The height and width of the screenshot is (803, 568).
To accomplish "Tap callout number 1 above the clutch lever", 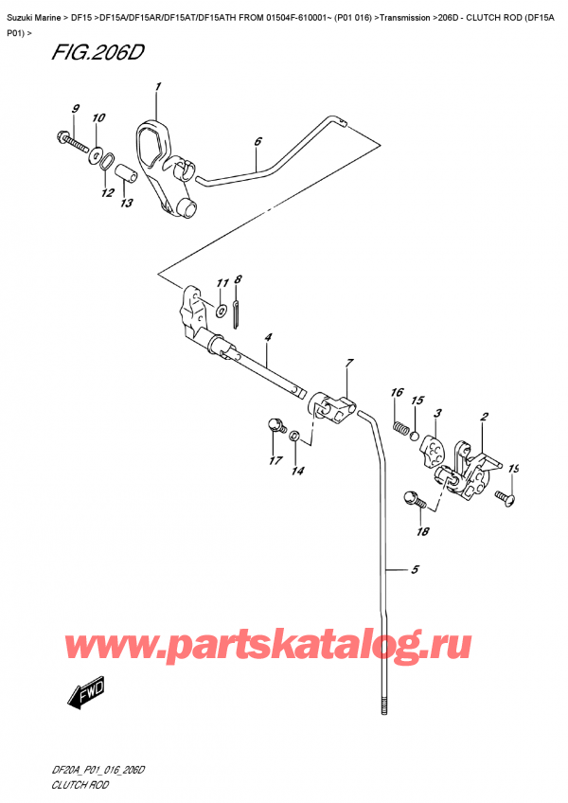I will click(157, 88).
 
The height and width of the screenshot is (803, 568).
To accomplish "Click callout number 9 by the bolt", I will click(76, 110).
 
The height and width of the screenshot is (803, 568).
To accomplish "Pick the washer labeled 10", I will click(97, 152).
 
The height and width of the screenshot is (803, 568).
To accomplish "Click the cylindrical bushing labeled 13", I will click(122, 177).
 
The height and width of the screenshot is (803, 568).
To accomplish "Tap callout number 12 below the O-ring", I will click(106, 193).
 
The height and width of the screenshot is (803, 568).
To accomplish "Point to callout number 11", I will click(222, 283).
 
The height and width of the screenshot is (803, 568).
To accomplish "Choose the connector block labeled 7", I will click(332, 408).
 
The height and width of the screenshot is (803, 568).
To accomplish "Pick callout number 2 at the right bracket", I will click(484, 417).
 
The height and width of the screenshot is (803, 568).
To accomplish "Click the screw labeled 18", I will click(413, 497).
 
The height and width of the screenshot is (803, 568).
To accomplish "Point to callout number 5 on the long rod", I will click(414, 570).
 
